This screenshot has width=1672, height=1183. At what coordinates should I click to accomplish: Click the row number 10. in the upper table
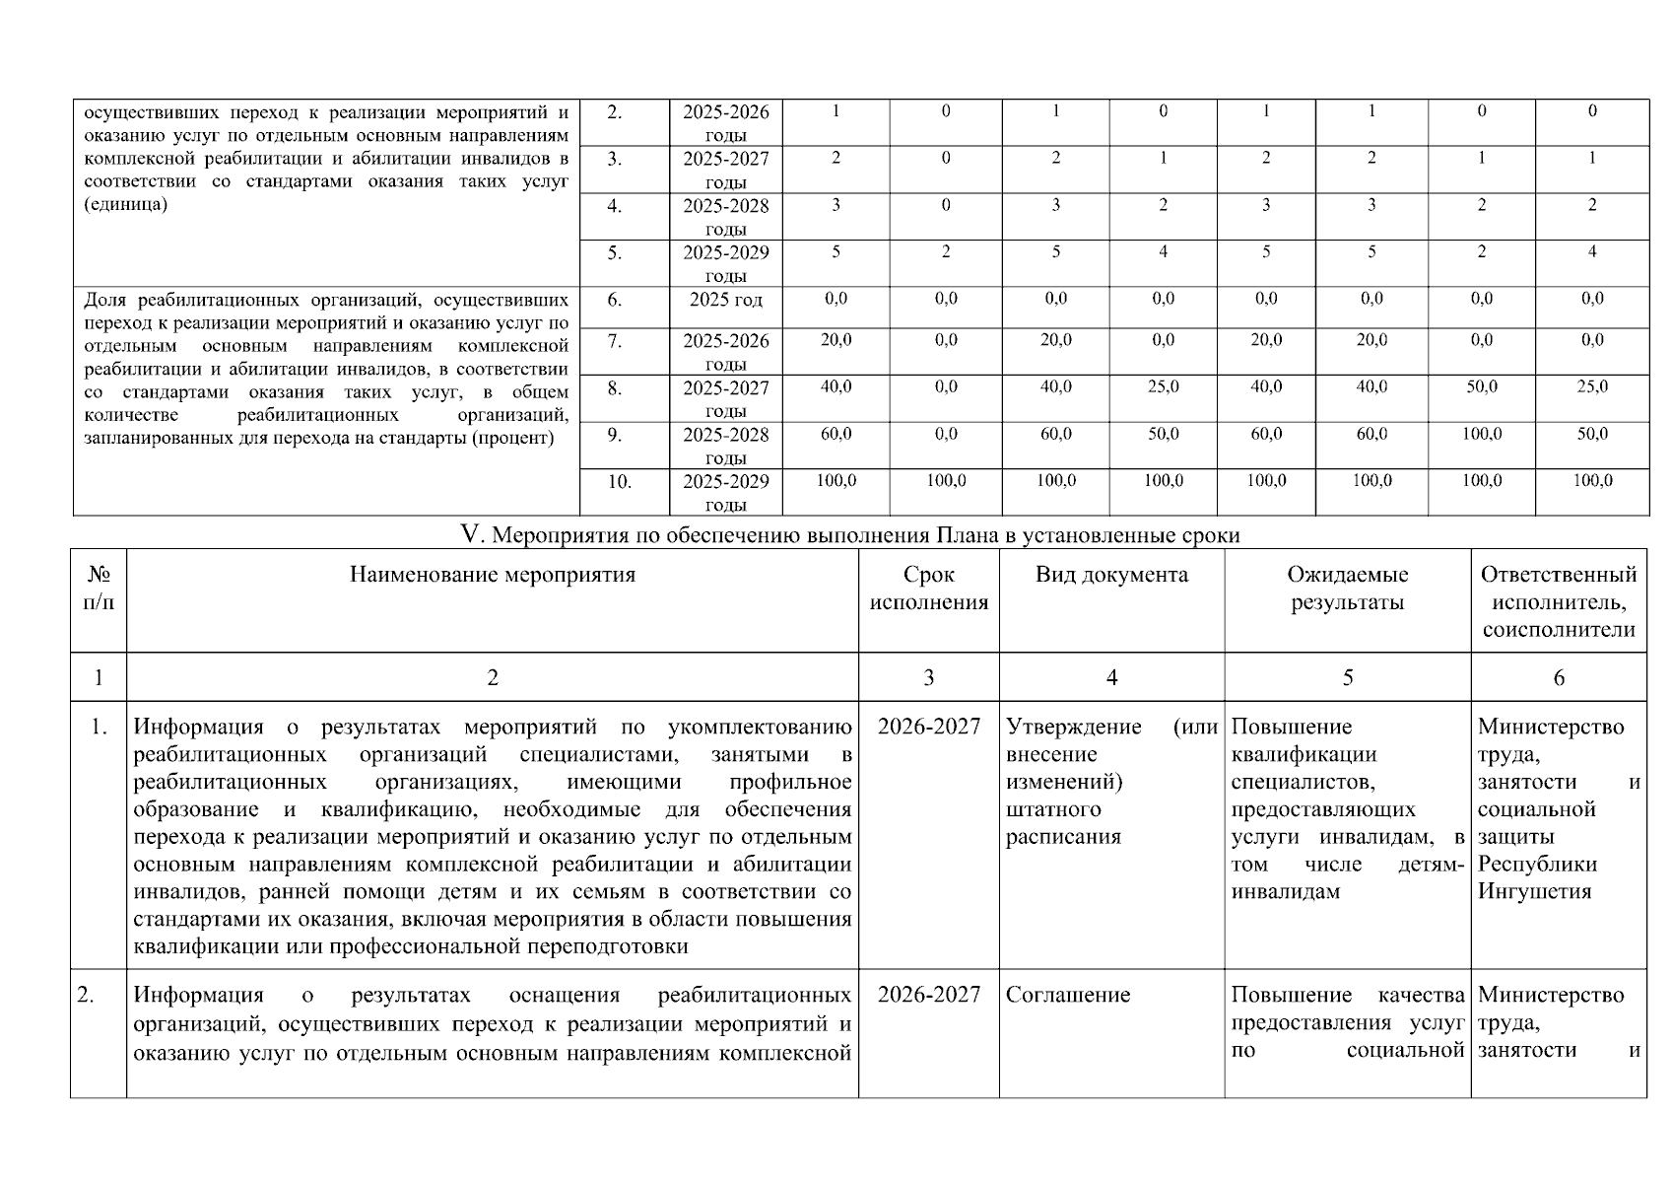click(619, 482)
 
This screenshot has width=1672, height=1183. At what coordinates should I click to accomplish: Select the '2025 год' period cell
click(725, 300)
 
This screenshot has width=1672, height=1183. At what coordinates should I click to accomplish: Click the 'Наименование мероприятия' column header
click(492, 575)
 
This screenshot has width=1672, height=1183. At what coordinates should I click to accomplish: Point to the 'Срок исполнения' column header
click(928, 589)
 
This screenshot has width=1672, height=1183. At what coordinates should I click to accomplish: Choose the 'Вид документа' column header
click(1111, 575)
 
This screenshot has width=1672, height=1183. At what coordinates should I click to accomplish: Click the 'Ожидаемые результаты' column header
click(1347, 589)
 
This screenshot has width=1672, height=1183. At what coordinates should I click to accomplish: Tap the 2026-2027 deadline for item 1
click(928, 727)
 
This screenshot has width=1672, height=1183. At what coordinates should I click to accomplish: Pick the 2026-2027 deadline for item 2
click(928, 995)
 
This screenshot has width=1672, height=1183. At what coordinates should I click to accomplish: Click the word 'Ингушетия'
click(1534, 891)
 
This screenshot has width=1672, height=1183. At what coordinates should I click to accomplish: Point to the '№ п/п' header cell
click(98, 589)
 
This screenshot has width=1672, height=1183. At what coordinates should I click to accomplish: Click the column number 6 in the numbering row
click(1558, 677)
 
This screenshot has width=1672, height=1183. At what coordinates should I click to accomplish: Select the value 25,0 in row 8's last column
click(1591, 387)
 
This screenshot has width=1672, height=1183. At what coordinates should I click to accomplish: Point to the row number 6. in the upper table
click(614, 300)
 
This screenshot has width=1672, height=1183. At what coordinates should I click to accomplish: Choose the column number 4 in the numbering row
click(1111, 677)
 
